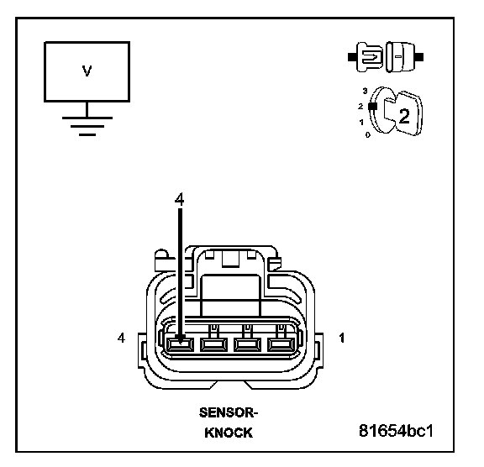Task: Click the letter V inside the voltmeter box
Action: coord(87,71)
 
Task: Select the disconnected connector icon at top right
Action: coord(386,57)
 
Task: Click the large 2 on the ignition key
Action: coord(404,116)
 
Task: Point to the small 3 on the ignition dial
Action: coord(366,91)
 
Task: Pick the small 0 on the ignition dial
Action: coord(367,134)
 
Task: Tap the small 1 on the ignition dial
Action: coord(361,123)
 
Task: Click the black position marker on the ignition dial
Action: coord(373,106)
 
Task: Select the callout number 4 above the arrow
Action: coord(179,199)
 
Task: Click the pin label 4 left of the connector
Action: coord(121,338)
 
